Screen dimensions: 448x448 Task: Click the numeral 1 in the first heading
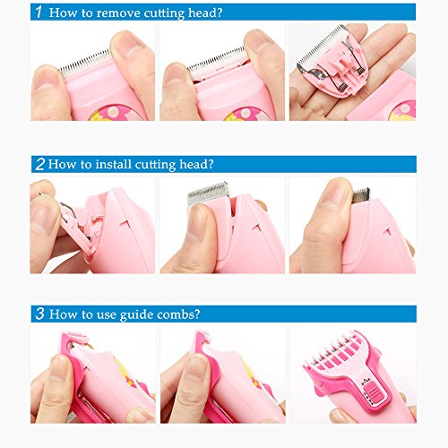click(x=39, y=12)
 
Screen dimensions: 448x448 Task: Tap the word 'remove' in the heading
click(x=118, y=13)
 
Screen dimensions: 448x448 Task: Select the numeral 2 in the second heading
click(x=40, y=164)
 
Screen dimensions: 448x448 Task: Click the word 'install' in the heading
click(x=114, y=164)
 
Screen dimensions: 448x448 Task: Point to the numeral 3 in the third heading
click(x=40, y=314)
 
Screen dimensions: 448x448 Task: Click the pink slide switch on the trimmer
click(x=372, y=392)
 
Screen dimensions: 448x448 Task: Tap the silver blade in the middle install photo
click(x=208, y=193)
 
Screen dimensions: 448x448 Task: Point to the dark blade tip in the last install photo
click(x=361, y=195)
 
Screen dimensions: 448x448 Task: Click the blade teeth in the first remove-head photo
click(x=85, y=63)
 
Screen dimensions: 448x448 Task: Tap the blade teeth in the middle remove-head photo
click(x=218, y=62)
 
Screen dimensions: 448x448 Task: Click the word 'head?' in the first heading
click(x=205, y=13)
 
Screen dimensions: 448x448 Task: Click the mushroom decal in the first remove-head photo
click(x=116, y=113)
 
